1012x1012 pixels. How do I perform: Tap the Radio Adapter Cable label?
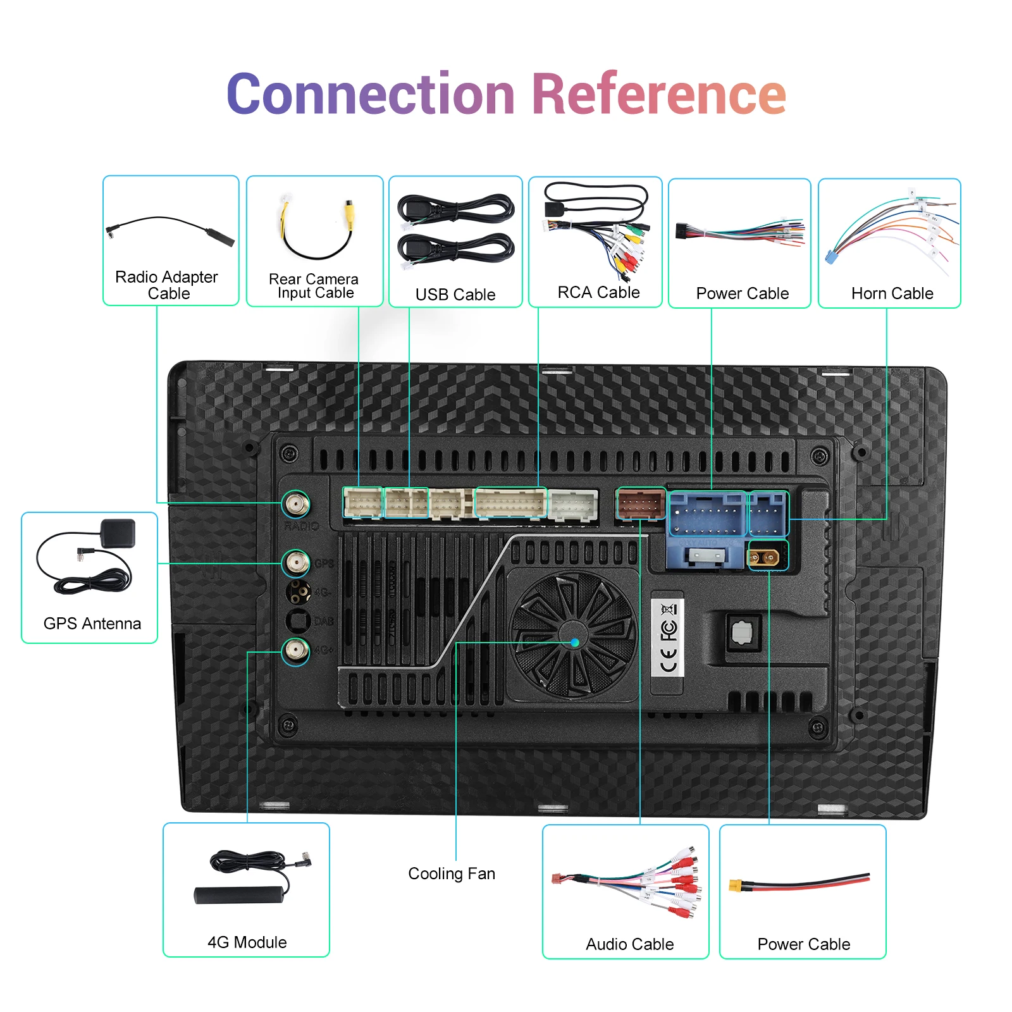(x=167, y=285)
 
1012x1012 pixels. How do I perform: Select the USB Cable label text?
(x=455, y=295)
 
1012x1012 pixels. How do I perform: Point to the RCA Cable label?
(x=598, y=292)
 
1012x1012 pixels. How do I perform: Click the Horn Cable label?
(x=892, y=293)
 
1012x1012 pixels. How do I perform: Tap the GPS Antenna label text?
(x=92, y=624)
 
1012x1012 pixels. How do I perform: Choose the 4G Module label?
(x=247, y=942)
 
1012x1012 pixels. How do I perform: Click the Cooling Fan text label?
(x=452, y=873)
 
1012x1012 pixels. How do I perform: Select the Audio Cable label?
(x=630, y=944)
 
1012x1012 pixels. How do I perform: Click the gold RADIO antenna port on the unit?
(x=296, y=505)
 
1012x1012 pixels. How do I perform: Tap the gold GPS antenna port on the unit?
(x=296, y=562)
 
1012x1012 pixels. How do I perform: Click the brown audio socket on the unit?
(x=641, y=504)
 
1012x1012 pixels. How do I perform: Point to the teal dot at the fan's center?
(x=575, y=643)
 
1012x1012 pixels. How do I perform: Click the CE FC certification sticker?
(x=668, y=638)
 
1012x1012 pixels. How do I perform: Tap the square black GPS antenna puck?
(x=119, y=534)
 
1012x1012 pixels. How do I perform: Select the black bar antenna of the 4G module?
(x=239, y=894)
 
